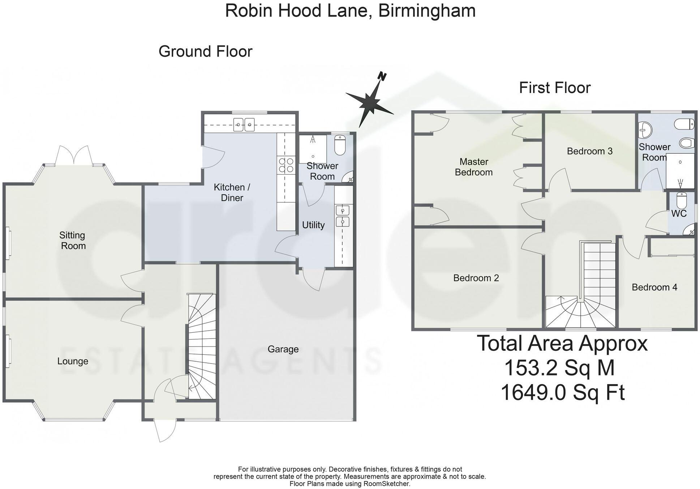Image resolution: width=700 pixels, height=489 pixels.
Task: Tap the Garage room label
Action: tap(283, 349)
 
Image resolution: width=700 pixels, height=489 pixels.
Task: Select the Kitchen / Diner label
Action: tap(232, 192)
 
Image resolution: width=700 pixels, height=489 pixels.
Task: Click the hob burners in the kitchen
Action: tap(286, 165)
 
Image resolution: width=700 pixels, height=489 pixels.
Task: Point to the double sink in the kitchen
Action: tap(244, 125)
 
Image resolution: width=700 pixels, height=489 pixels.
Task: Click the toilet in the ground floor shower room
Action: tap(340, 145)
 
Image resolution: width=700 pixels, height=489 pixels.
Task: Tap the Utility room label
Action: tap(313, 225)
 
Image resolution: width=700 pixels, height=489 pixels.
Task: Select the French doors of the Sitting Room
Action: tap(74, 156)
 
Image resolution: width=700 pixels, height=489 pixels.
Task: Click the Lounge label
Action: tap(73, 361)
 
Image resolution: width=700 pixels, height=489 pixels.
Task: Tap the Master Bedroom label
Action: tap(473, 167)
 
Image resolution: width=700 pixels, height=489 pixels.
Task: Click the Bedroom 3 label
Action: tap(589, 151)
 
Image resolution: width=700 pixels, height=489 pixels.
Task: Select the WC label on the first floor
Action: tap(679, 213)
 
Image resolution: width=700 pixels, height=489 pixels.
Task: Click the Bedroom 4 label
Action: tap(654, 287)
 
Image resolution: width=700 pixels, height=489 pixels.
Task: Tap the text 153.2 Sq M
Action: tap(559, 368)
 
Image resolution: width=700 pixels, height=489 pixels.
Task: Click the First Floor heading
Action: tap(554, 88)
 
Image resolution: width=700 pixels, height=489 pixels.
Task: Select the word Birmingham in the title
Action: tap(426, 10)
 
